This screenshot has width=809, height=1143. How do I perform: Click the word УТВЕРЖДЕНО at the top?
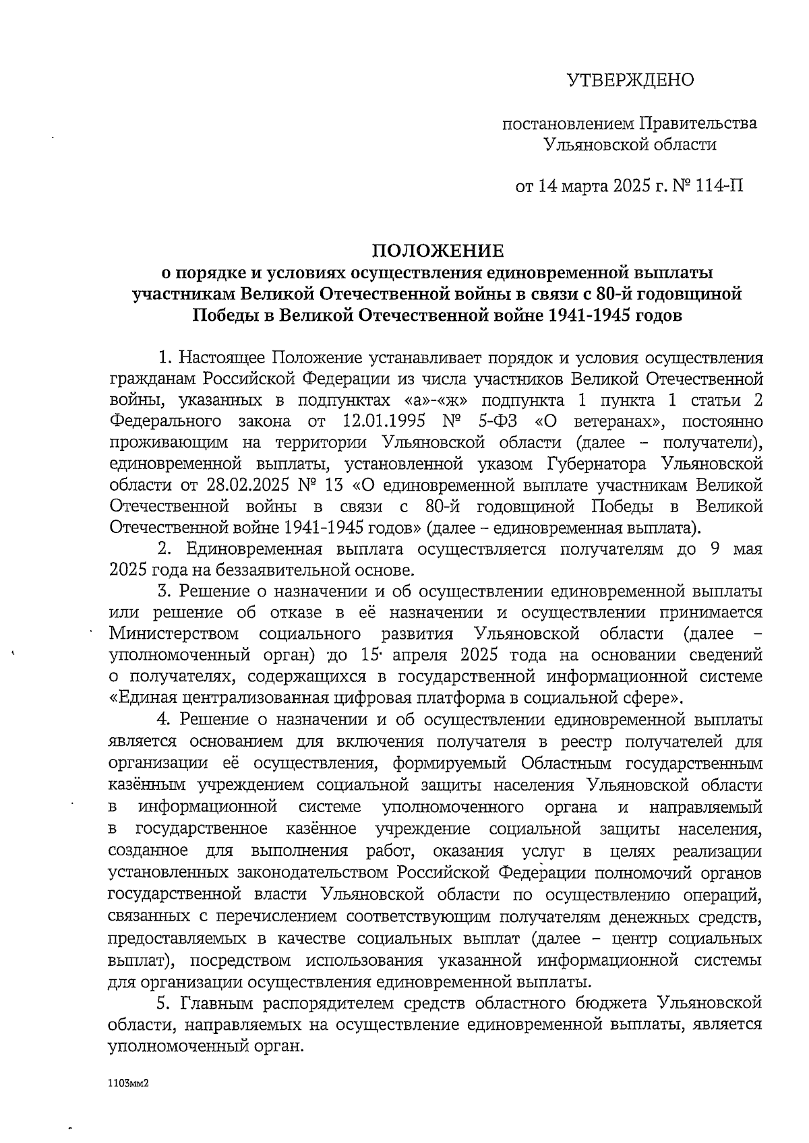(630, 81)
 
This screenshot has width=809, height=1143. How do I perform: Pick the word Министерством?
(175, 634)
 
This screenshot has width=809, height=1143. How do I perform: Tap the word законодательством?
(313, 873)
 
